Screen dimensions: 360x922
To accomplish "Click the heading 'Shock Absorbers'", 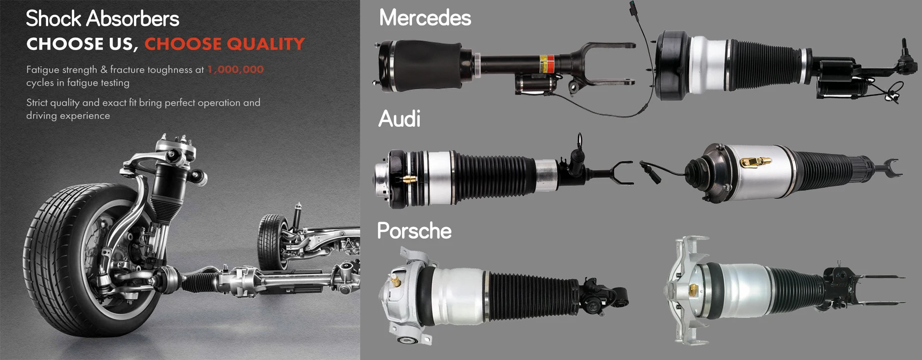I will coord(102,19).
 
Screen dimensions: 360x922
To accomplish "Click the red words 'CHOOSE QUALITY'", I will coord(224,44).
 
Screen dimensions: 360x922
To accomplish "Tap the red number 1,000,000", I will coord(235,70).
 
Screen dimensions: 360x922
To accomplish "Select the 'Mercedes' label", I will coord(425,18).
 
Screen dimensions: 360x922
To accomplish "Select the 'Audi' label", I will coord(399,119).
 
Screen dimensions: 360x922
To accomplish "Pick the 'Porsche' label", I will coord(414,231).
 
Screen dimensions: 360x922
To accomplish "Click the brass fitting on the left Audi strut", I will coord(408,180).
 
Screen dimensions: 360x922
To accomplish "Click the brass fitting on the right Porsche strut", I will coord(693,289).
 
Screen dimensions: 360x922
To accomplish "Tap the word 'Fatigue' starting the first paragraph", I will coord(43,70).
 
